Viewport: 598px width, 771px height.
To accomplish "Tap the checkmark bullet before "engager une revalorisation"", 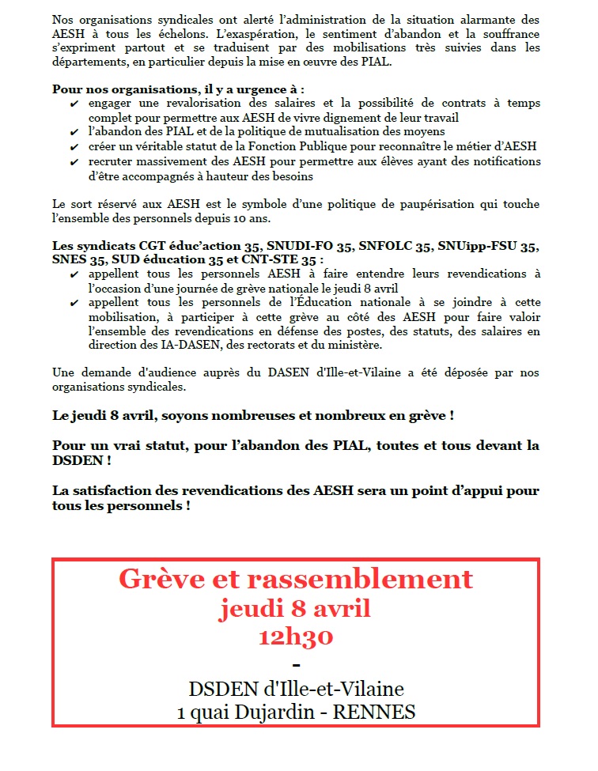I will pos(74,104).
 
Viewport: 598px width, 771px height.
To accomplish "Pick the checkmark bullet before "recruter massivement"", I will pos(74,161).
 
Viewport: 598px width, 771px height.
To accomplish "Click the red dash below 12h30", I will pos(296,663).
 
